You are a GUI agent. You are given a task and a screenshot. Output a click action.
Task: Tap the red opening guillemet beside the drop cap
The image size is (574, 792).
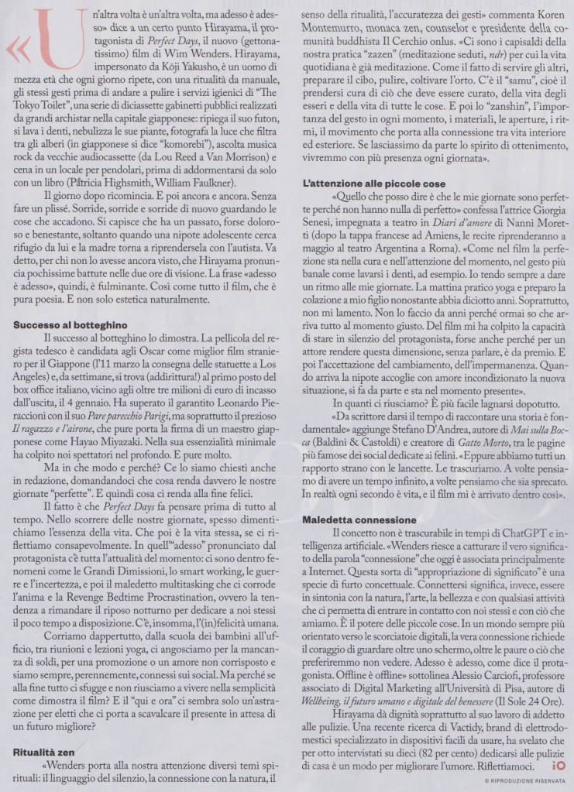16,51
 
